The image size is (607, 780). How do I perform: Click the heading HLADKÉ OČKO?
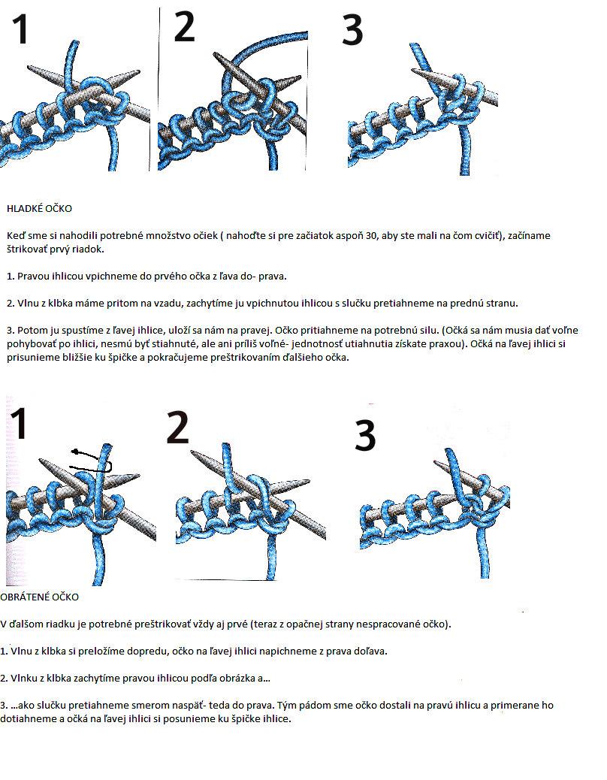[x=39, y=208]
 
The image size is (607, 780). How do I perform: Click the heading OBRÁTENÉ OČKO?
[x=39, y=597]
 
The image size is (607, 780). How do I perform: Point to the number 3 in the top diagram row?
[x=353, y=29]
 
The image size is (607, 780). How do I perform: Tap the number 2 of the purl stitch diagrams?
[x=177, y=428]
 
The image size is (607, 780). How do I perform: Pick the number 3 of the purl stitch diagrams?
[x=365, y=435]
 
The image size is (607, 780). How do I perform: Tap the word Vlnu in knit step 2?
[x=28, y=303]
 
